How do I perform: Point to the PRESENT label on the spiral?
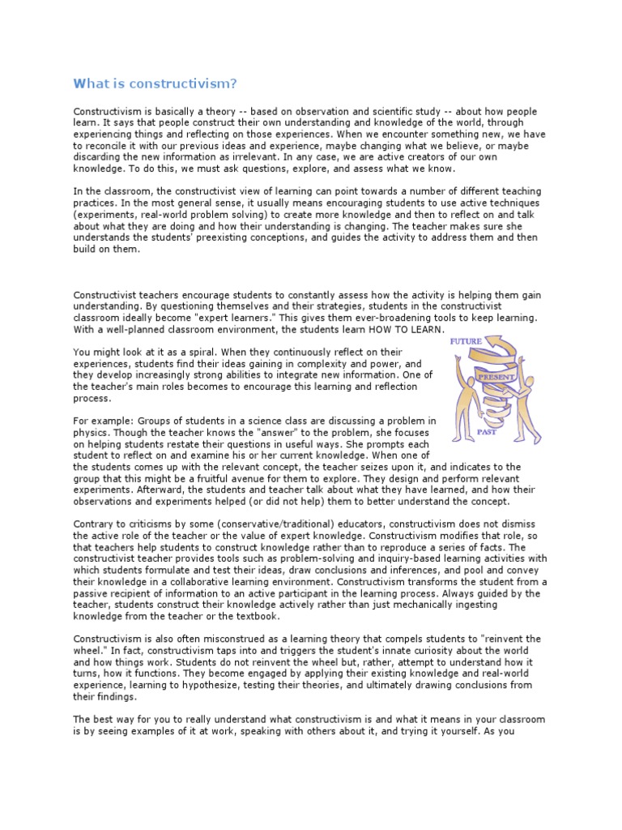tap(496, 377)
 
